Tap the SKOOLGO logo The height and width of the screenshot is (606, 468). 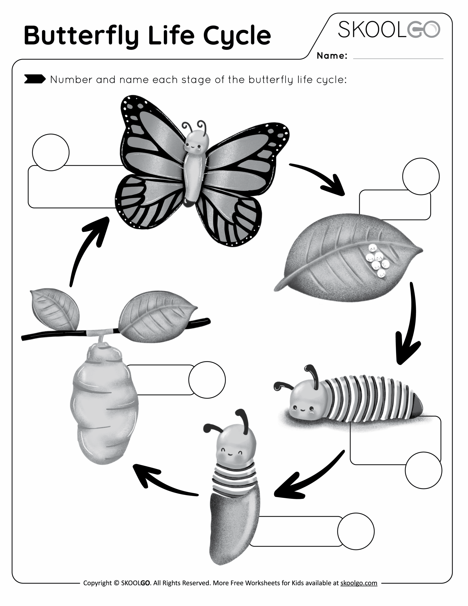point(389,29)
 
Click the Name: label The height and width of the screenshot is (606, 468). point(332,56)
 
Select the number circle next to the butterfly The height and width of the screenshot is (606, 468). point(51,152)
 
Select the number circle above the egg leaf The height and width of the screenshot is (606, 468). point(421,176)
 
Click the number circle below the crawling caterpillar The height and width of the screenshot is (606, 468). point(423,470)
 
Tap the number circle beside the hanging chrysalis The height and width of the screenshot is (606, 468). point(207,380)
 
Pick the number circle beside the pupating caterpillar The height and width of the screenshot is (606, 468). point(355,531)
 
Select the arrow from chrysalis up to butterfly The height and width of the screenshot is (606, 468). point(86,250)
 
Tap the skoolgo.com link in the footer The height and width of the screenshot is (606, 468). point(359,583)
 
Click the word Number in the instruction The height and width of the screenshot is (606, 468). point(71,80)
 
